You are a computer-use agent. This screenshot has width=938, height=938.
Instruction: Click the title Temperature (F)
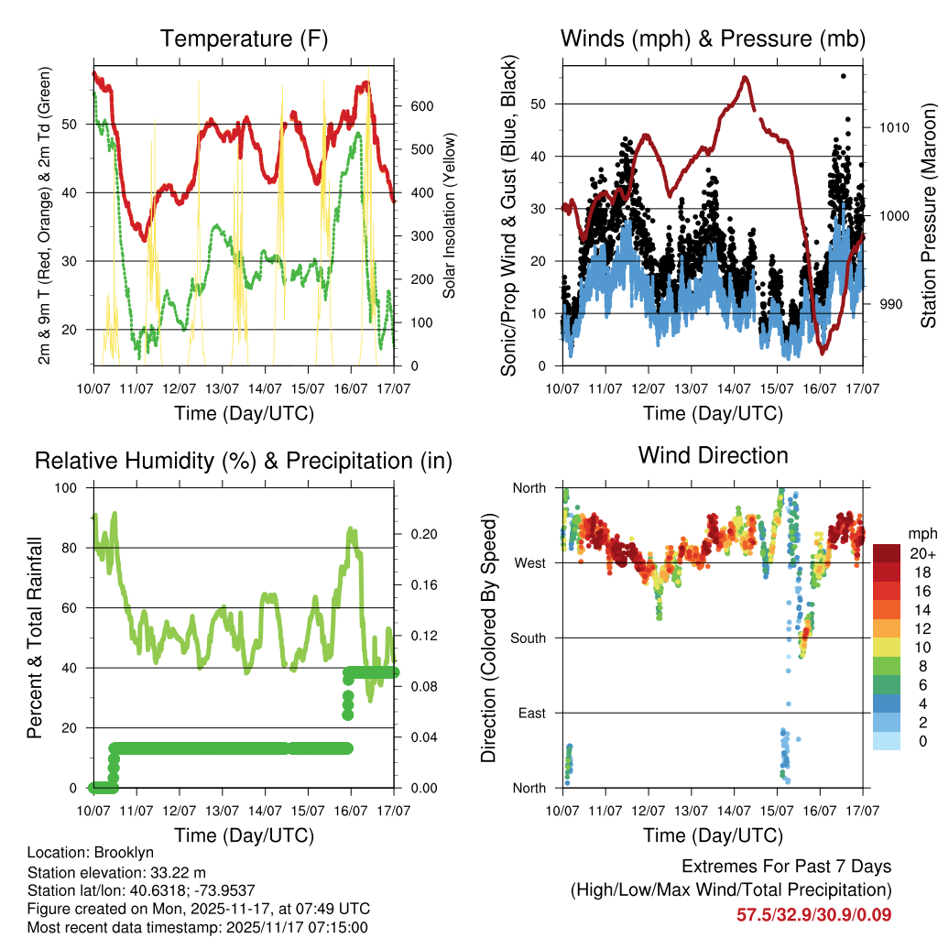click(244, 38)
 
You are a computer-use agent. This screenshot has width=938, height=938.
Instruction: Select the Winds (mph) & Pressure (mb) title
click(713, 38)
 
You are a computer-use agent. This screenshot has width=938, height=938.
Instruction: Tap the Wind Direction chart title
click(713, 454)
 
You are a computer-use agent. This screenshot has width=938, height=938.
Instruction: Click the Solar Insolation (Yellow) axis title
click(449, 216)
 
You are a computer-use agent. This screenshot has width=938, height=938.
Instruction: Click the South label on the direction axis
click(529, 638)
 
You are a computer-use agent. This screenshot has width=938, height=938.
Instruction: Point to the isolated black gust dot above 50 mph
click(844, 76)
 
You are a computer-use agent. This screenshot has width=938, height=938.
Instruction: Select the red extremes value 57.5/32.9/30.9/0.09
click(813, 914)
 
